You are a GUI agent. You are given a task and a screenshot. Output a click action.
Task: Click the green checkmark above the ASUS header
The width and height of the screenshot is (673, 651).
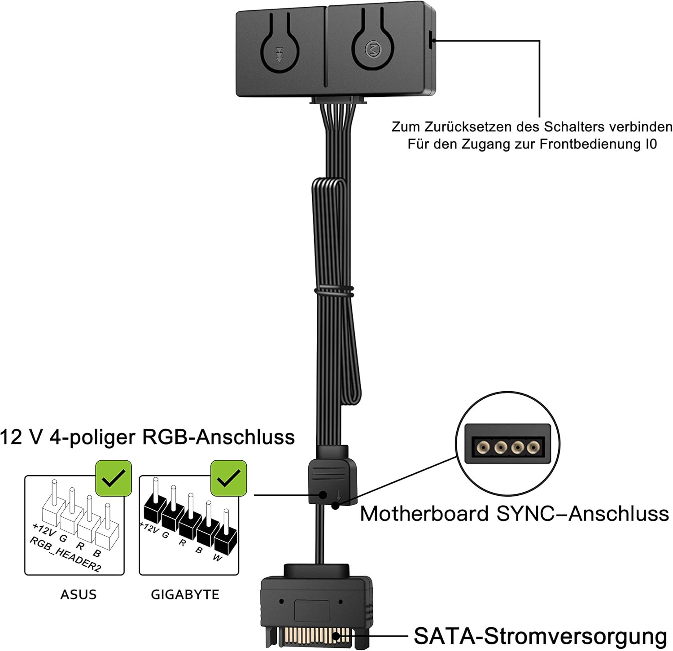[114, 478]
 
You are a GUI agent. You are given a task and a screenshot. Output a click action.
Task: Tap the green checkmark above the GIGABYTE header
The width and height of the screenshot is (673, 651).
[229, 478]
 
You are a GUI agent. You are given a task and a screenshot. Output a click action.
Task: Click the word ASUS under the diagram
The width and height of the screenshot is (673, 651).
[79, 594]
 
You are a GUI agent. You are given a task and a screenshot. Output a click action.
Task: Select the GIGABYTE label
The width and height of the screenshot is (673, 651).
[185, 594]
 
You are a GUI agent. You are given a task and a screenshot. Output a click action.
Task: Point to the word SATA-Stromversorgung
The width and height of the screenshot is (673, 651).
[540, 636]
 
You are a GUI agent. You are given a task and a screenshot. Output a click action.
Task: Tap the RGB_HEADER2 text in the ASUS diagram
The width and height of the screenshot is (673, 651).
[66, 553]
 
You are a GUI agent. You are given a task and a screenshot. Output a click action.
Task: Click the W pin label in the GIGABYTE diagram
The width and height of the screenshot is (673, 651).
[218, 558]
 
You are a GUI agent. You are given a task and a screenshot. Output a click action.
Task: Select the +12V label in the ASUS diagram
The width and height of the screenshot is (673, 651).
[44, 529]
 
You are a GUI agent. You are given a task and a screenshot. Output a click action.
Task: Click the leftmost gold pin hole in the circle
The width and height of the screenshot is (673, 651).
[483, 447]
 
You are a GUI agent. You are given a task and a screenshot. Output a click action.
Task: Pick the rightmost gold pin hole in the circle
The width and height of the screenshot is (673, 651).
[533, 447]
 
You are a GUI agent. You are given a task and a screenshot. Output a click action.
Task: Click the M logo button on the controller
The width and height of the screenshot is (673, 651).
[372, 49]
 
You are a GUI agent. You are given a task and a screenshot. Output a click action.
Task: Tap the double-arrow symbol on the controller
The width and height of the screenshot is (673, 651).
[279, 54]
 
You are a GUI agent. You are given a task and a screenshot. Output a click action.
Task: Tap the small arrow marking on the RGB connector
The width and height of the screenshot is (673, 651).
[339, 495]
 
